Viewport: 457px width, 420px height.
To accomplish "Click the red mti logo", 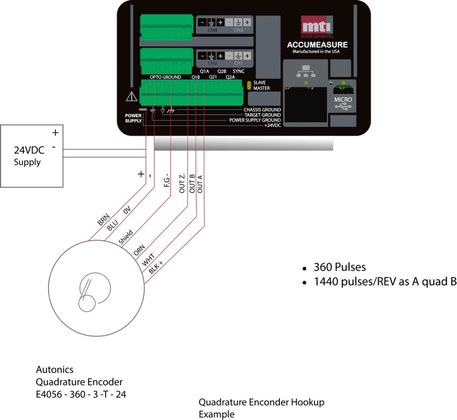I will (316, 27).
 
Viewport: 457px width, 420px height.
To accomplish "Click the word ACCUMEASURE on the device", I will (316, 45).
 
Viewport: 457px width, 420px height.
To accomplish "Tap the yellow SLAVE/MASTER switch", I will (249, 85).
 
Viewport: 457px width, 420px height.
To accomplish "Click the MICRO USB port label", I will (344, 99).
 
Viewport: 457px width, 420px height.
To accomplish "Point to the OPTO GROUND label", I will (165, 77).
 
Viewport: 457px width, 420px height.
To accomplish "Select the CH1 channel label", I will (238, 63).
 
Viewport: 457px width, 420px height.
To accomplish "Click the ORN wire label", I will (139, 250).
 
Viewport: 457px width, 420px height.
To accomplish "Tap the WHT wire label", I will (148, 260).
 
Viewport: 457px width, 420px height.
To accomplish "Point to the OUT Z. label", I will (182, 183).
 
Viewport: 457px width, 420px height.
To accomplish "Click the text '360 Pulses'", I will (337, 268).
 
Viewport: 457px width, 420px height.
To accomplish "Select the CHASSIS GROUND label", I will (262, 109).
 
